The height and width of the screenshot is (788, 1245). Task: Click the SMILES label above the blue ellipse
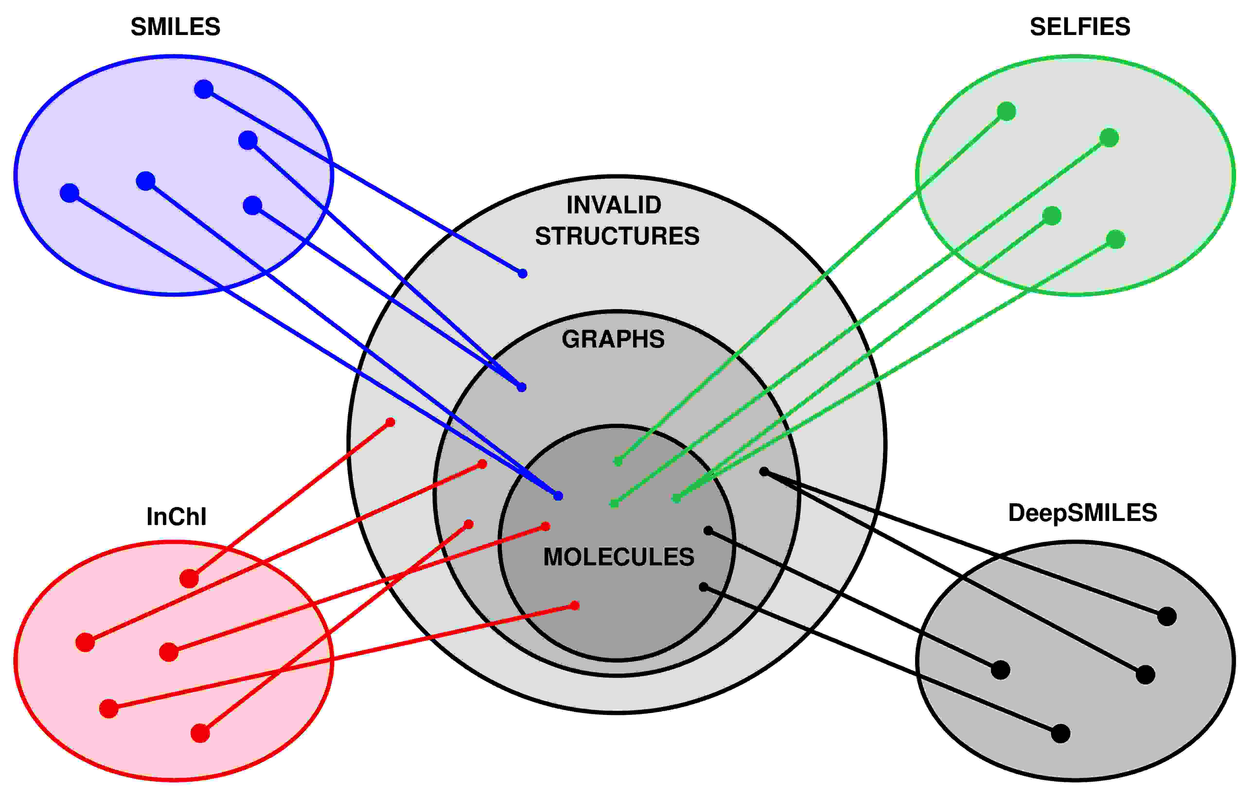[175, 27]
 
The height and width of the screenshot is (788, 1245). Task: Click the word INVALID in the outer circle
[614, 205]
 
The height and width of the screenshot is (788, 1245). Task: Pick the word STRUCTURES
[617, 236]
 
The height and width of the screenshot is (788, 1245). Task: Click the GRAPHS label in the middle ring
[613, 339]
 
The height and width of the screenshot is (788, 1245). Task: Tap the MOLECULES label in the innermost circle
[618, 557]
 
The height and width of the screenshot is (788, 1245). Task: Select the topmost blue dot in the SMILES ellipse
[204, 89]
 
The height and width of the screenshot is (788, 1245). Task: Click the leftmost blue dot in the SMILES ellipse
[69, 193]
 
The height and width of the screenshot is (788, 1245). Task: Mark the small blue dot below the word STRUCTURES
[523, 273]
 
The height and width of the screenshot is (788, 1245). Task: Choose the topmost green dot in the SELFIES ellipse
[1006, 111]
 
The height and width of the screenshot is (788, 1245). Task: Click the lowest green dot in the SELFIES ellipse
[1116, 239]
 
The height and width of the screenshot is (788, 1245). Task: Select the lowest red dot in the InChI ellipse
[200, 733]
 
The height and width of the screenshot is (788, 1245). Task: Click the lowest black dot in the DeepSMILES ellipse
[1060, 733]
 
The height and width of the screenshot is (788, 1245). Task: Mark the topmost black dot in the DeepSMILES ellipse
[1167, 616]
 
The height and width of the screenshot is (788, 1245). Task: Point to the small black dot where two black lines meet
[764, 471]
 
